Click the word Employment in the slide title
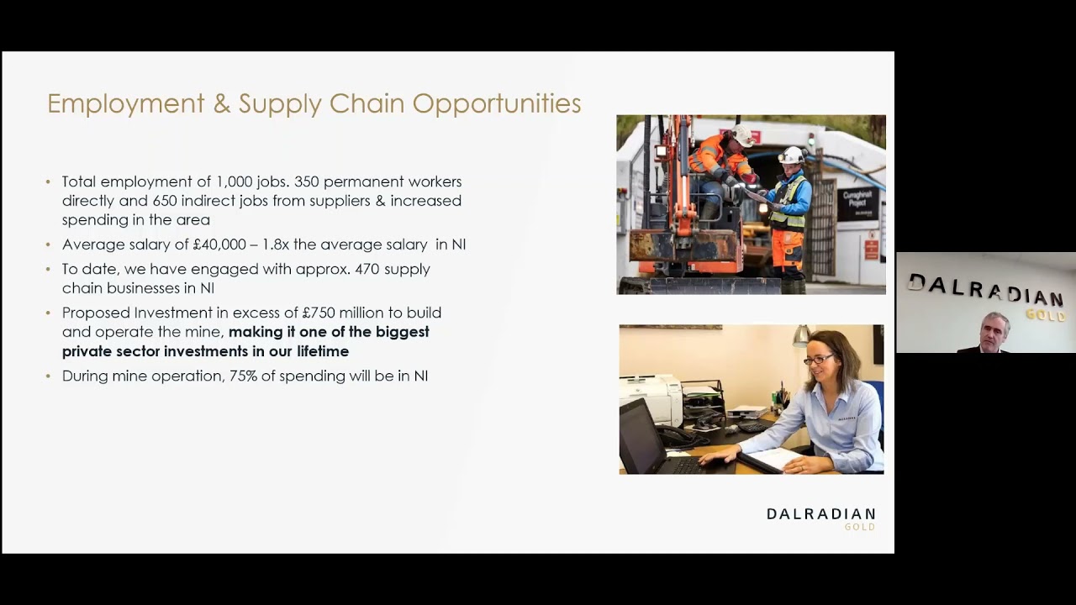125,103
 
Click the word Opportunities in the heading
496,103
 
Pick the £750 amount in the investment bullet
319,313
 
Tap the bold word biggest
402,332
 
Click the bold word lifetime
322,351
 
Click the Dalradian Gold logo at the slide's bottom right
820,518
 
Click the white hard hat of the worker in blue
791,155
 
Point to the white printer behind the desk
651,398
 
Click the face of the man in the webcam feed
994,330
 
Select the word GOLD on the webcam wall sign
1045,315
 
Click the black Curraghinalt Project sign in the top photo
857,204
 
